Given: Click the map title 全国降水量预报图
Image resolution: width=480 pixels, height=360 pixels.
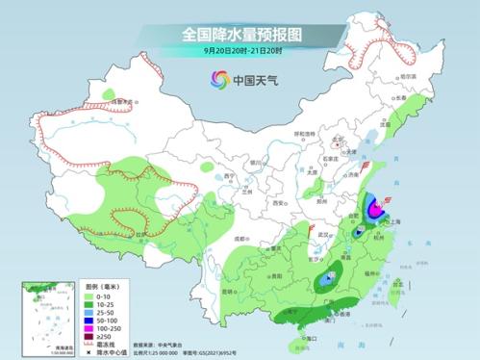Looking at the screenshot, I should coord(240,34).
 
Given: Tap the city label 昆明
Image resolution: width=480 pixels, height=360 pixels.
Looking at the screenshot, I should coord(227,290).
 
